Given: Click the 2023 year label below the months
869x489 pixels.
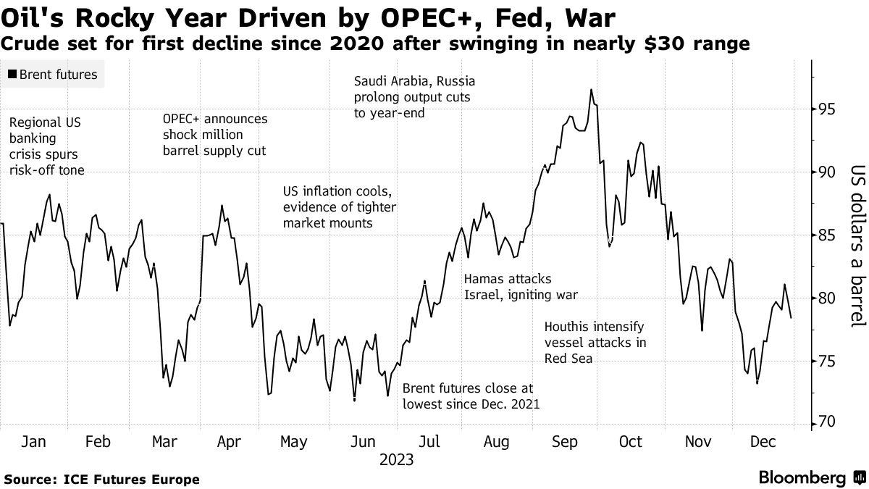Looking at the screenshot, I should [395, 460].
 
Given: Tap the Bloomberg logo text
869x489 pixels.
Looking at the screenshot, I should [802, 478].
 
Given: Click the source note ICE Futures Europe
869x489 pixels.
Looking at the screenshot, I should [101, 479].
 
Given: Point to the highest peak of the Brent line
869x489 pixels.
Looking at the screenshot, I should [591, 90].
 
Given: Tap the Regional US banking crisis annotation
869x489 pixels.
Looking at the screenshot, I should [46, 146].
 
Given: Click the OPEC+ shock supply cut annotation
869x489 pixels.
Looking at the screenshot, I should [215, 135].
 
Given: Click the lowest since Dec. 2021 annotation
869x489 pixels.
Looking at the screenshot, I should [471, 396].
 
